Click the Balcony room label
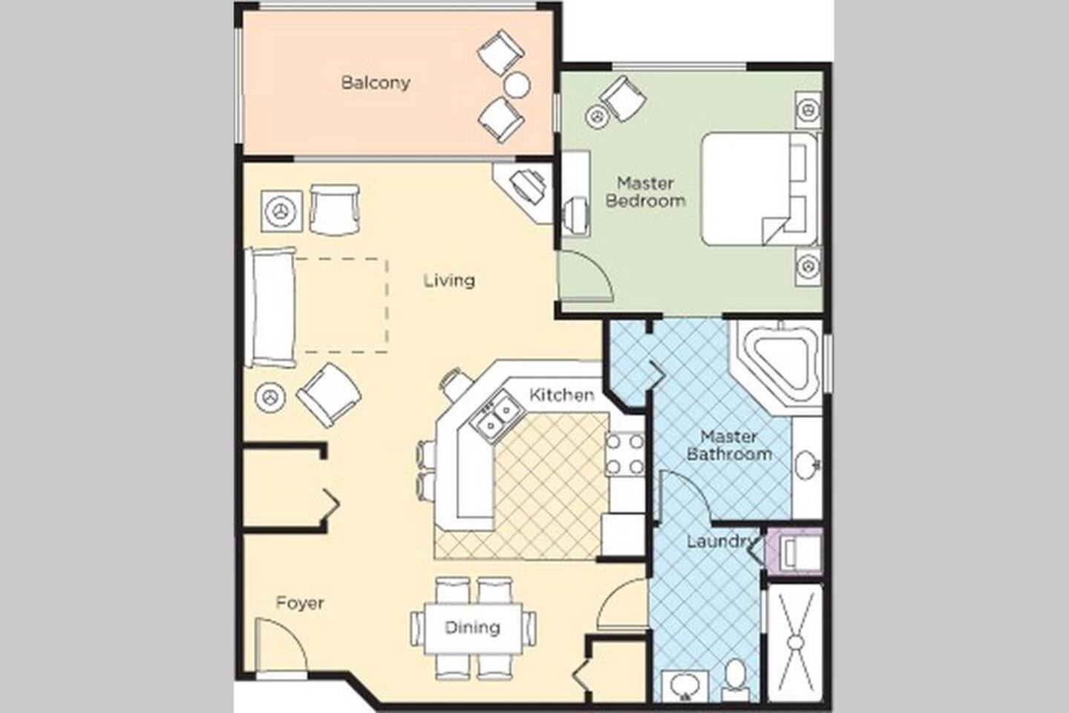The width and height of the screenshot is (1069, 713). [376, 83]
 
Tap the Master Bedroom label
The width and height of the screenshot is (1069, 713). [645, 192]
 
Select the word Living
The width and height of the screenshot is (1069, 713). [449, 280]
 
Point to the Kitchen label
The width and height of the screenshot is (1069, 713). [562, 395]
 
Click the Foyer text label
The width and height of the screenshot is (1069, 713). [300, 602]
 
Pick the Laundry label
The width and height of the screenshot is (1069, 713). [722, 541]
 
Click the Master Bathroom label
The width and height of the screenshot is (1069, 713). [729, 445]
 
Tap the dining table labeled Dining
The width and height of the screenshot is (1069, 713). [472, 628]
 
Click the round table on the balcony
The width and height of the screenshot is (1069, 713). [517, 85]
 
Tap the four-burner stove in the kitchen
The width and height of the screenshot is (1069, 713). [625, 454]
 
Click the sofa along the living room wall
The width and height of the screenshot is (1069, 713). [270, 307]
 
